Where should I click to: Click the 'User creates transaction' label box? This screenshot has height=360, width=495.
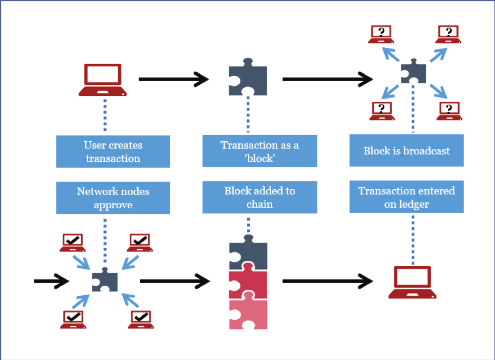click(x=113, y=151)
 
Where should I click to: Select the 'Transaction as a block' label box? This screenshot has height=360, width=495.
click(x=260, y=151)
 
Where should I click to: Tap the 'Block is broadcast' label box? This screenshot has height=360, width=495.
click(x=406, y=150)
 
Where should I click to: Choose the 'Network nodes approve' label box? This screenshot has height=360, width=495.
click(x=113, y=198)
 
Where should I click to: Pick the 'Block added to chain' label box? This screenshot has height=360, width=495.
click(x=260, y=197)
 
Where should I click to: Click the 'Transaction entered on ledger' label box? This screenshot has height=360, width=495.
click(x=406, y=197)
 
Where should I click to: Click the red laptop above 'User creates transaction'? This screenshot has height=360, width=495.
click(x=103, y=80)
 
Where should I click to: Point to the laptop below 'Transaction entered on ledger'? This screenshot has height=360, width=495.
click(x=412, y=283)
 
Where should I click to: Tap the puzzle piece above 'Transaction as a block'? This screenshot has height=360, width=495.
click(x=248, y=77)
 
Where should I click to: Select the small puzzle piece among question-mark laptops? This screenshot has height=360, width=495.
click(x=413, y=72)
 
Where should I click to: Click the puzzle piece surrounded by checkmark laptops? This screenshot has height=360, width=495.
click(x=105, y=280)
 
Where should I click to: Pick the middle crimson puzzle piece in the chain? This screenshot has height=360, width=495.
click(x=248, y=281)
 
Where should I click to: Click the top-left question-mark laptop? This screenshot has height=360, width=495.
click(x=381, y=34)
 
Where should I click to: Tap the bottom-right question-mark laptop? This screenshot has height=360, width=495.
click(x=449, y=111)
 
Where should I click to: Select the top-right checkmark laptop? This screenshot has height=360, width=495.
click(x=140, y=242)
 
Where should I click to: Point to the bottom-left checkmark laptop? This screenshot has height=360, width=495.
click(x=73, y=319)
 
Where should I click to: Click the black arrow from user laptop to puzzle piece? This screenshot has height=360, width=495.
click(x=173, y=79)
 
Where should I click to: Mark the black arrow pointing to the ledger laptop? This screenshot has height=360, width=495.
click(x=328, y=281)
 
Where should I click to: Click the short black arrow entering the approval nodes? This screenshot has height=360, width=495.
click(x=52, y=281)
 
